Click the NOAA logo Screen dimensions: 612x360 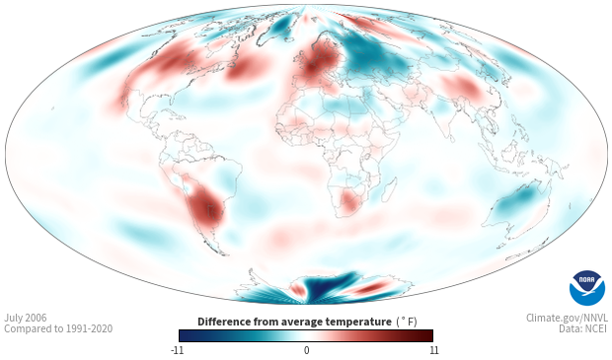[587, 288]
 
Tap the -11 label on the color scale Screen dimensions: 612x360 [178, 350]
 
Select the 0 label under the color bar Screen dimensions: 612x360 [306, 350]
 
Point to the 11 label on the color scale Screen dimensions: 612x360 [433, 350]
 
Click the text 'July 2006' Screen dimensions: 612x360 [26, 318]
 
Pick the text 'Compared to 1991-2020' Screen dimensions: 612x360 [58, 328]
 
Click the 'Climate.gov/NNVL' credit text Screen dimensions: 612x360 [567, 318]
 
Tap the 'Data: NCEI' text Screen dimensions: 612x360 [583, 328]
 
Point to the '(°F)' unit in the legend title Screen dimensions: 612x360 [407, 323]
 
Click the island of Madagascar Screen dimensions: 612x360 [388, 190]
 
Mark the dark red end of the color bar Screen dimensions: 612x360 [427, 335]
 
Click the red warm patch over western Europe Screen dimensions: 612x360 [318, 61]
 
